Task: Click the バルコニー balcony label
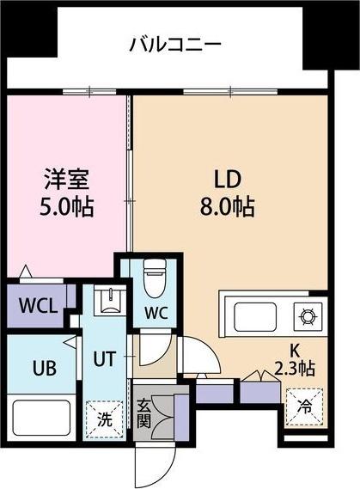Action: (175, 45)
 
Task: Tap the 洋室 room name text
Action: (67, 179)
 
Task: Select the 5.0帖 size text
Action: (66, 207)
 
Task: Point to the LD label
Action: (227, 180)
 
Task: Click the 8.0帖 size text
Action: (227, 206)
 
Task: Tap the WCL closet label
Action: (39, 306)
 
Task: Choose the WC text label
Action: (156, 313)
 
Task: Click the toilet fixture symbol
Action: (155, 278)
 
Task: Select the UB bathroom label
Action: (45, 368)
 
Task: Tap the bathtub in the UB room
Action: (41, 418)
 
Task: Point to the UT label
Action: (105, 358)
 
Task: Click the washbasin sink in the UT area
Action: (110, 301)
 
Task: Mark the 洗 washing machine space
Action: (105, 419)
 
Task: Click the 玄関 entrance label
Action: (144, 413)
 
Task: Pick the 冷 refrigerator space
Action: (304, 406)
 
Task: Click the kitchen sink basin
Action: (255, 317)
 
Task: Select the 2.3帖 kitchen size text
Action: (294, 369)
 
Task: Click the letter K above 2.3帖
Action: (295, 351)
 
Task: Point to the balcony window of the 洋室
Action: (89, 92)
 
